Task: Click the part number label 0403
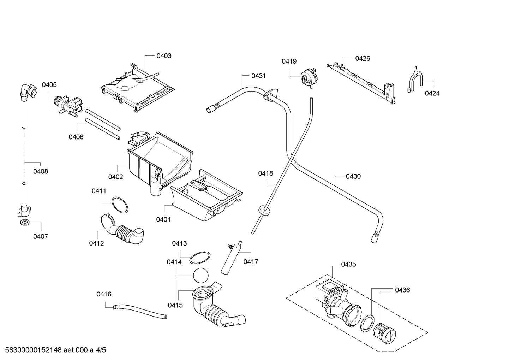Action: [164, 56]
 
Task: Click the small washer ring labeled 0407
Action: [25, 223]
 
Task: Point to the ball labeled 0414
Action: [201, 275]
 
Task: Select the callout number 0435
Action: [348, 264]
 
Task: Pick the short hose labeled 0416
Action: [139, 310]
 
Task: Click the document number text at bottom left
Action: [53, 350]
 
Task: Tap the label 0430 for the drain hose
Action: [353, 176]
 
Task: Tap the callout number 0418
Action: [265, 173]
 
